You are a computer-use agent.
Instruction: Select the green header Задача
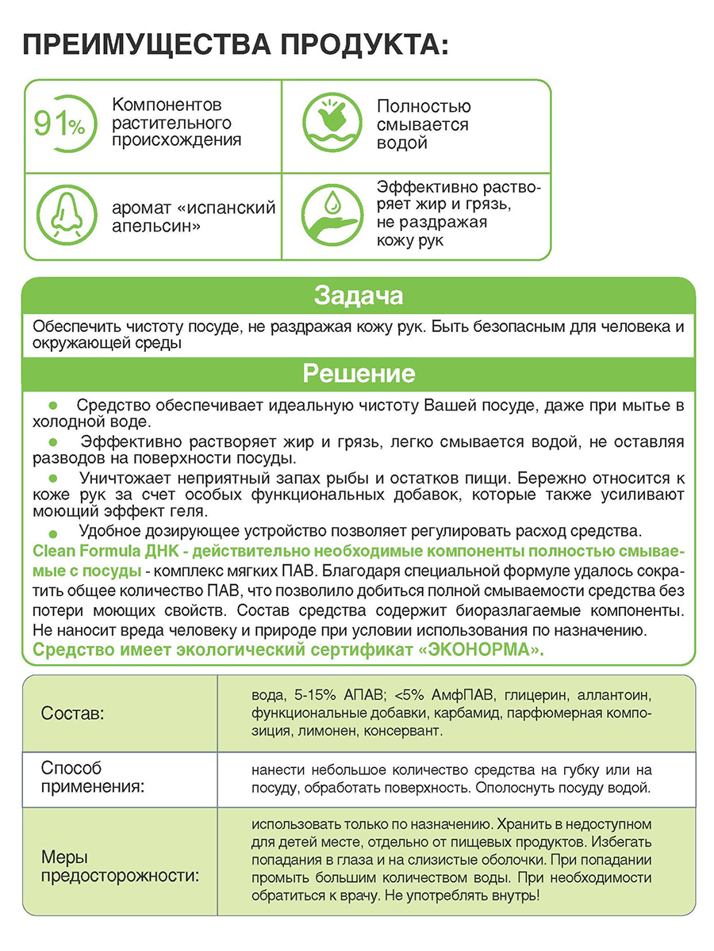coord(358,296)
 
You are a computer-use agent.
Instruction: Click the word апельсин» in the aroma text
coord(155,227)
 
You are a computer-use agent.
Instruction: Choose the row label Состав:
coord(72,713)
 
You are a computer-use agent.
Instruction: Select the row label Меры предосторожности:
coord(120,867)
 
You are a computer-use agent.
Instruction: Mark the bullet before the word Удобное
coord(54,534)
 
